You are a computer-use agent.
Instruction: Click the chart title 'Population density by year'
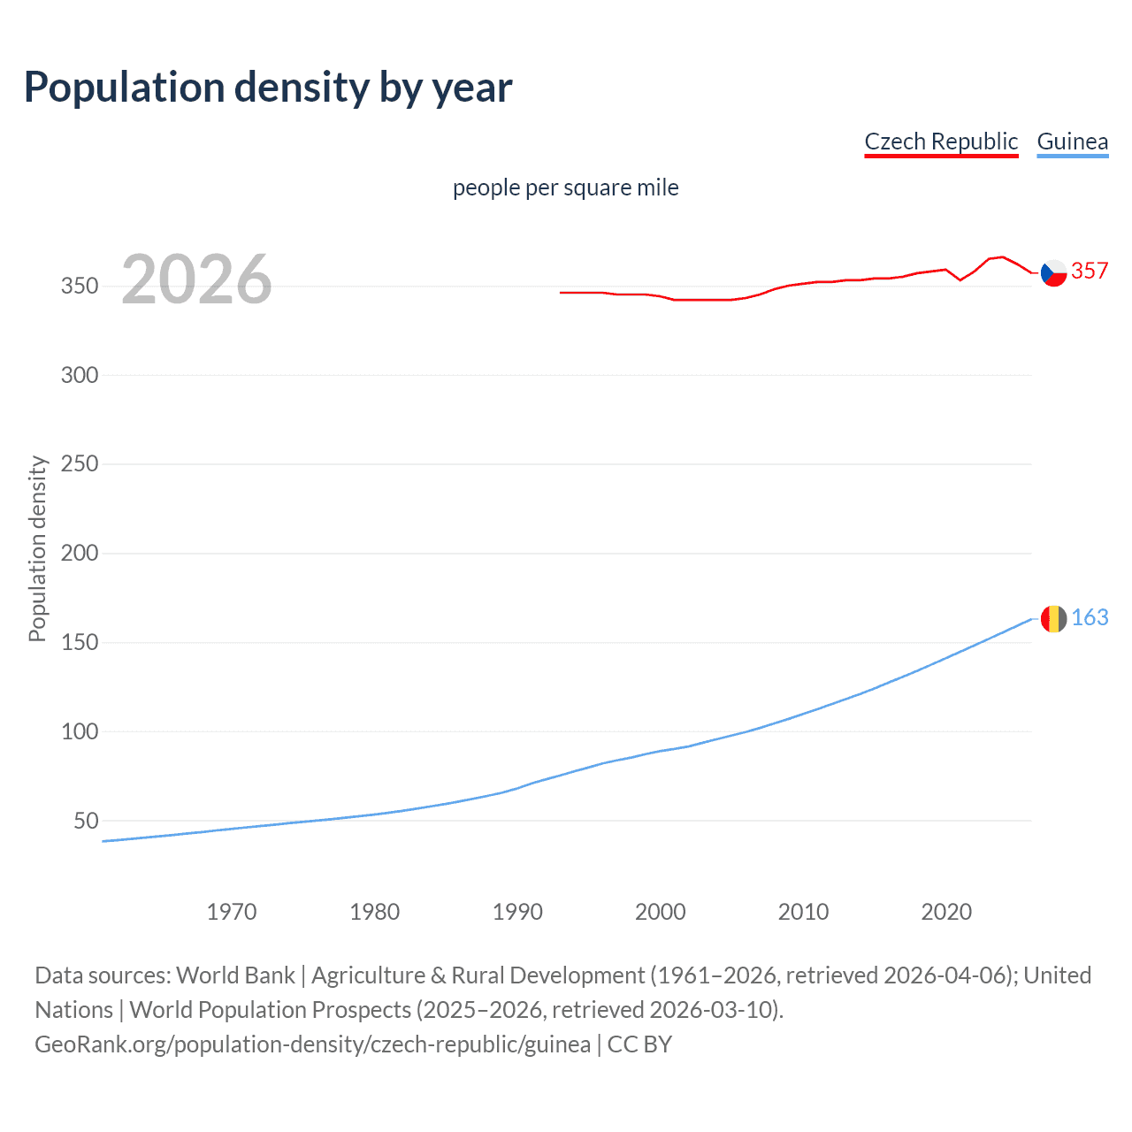click(268, 88)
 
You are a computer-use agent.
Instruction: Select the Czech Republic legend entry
click(941, 141)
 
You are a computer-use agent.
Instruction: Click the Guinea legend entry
click(1072, 141)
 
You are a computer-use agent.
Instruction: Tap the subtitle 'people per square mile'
click(565, 187)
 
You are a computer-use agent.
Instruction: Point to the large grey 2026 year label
click(196, 279)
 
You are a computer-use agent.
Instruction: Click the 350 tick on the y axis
click(80, 287)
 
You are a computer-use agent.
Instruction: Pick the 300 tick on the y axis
click(80, 375)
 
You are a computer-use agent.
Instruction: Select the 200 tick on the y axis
click(80, 554)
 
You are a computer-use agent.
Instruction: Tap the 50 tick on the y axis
click(86, 821)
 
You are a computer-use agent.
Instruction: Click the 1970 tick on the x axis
click(232, 912)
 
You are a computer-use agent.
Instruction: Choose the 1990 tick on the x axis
click(517, 912)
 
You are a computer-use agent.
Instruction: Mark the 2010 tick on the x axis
click(803, 912)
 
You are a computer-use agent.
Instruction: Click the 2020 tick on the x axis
click(946, 912)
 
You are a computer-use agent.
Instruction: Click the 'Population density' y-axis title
click(37, 548)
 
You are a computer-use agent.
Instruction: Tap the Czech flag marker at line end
click(1053, 273)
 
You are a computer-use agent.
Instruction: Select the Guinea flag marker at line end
click(1053, 619)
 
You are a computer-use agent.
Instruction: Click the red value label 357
click(1090, 272)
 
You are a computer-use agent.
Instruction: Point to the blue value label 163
click(1090, 617)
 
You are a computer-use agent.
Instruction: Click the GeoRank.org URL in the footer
click(312, 1044)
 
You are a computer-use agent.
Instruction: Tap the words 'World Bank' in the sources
click(235, 975)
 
